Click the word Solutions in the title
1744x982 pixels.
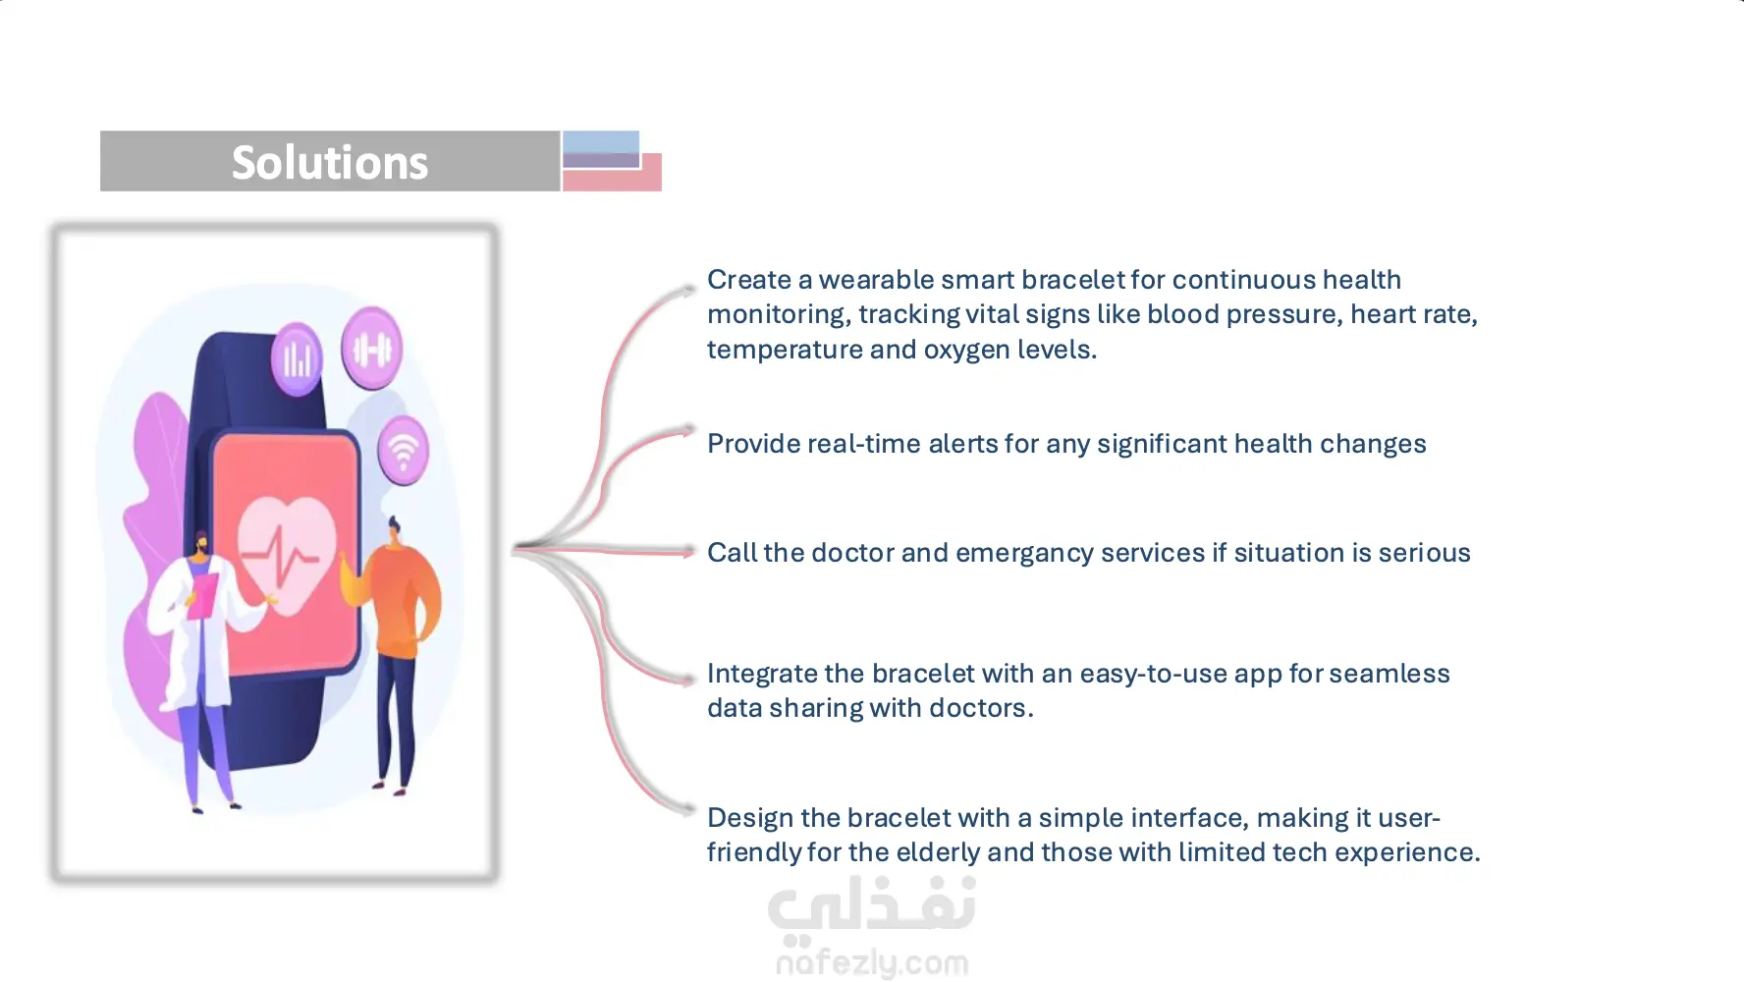(x=330, y=163)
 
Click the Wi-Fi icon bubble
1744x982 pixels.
(x=403, y=451)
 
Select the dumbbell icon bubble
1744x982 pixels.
(x=371, y=348)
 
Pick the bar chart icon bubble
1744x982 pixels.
(x=297, y=359)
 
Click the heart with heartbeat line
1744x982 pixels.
(x=287, y=554)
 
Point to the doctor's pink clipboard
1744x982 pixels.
(x=203, y=595)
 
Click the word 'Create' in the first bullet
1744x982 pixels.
(x=749, y=280)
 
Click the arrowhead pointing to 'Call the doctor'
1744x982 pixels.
(x=688, y=553)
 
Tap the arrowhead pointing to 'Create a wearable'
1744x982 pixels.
(x=688, y=291)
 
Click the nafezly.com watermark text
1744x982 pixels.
(x=872, y=963)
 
